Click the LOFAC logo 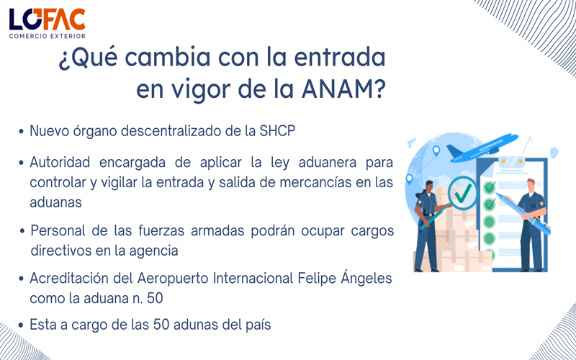tap(48, 19)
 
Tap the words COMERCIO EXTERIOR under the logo tap(48, 36)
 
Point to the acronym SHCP tap(277, 132)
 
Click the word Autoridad tap(60, 163)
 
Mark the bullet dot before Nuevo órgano tap(22, 132)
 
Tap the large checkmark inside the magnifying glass tap(463, 192)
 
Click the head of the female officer tap(429, 187)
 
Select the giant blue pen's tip tap(499, 194)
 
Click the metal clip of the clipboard tap(510, 160)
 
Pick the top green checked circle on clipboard tap(490, 187)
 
